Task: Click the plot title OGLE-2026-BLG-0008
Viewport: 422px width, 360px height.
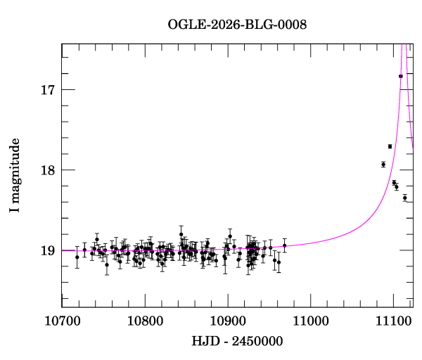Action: tap(237, 24)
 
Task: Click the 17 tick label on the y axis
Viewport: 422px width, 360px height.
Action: tap(47, 90)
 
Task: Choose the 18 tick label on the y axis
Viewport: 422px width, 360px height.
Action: tap(47, 170)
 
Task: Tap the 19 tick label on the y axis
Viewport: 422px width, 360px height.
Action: tap(47, 250)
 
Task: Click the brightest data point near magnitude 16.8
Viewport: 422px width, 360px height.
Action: tap(400, 76)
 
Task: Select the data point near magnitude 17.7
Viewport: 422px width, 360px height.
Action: tap(390, 146)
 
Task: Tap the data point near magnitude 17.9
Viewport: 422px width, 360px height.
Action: tap(383, 165)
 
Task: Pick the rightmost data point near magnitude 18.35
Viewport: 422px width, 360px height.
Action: tap(405, 198)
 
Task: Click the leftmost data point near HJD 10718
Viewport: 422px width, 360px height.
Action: tap(77, 257)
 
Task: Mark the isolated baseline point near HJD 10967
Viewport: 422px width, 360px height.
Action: tap(284, 246)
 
